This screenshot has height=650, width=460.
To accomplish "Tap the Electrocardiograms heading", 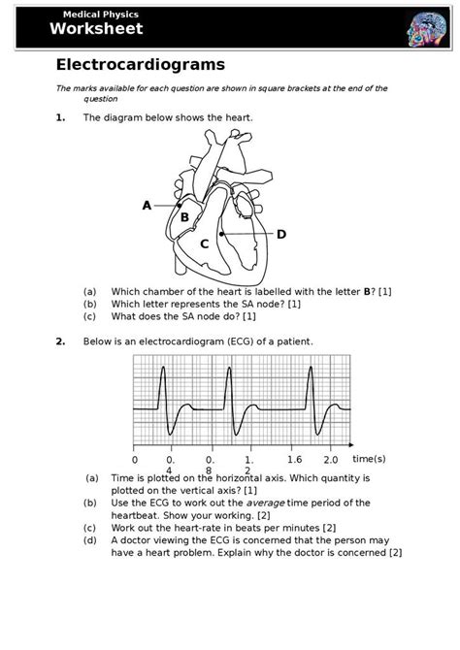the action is [140, 65].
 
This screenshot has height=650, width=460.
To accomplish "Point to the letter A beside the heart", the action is [147, 205].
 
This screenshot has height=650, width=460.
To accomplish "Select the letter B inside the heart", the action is [184, 217].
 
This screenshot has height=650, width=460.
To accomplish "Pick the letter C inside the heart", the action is [205, 244].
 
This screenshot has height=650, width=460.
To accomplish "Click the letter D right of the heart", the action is [281, 234].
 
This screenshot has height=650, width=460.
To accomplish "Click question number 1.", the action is [60, 117].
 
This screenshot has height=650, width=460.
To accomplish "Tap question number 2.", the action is [60, 341].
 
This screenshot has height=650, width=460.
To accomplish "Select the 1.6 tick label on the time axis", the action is [296, 459].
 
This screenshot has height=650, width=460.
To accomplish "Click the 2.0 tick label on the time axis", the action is [331, 459].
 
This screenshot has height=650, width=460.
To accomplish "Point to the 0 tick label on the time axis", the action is [135, 459].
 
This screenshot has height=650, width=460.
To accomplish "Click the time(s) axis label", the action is [369, 458].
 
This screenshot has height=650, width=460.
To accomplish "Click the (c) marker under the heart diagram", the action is [89, 316].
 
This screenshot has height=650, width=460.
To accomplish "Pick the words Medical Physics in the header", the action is [101, 16].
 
